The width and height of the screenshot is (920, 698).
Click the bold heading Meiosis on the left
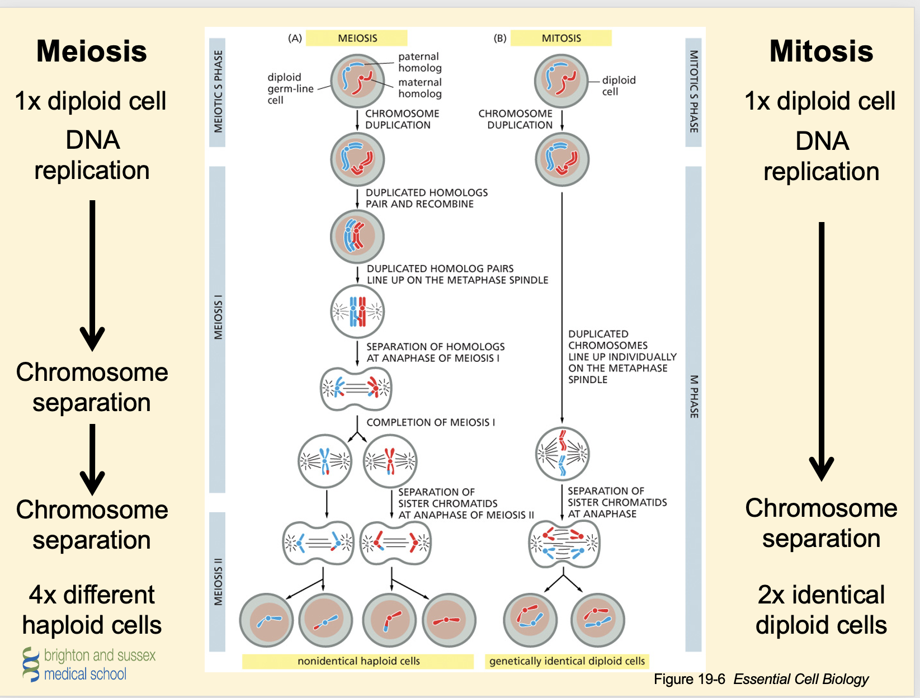tap(92, 51)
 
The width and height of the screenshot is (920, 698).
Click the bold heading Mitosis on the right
tap(821, 51)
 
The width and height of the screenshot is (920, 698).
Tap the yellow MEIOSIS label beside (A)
tap(357, 38)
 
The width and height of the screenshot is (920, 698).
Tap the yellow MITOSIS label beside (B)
tap(561, 38)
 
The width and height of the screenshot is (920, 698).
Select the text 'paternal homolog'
tap(419, 62)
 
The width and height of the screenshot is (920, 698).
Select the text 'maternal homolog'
tap(419, 88)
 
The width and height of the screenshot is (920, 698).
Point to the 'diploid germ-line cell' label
tap(289, 88)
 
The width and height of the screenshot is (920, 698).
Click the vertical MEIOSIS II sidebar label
tap(218, 582)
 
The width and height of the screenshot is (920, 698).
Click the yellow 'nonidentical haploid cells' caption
tap(358, 661)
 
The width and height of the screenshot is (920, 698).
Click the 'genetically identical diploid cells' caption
tap(567, 661)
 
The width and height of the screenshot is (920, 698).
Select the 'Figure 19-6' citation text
tap(689, 679)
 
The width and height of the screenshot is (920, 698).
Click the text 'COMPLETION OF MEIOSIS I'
tap(431, 422)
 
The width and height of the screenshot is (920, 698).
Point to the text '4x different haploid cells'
tap(92, 610)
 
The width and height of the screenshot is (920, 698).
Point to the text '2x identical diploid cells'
tap(821, 610)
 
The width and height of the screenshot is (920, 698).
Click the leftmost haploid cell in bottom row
tap(266, 620)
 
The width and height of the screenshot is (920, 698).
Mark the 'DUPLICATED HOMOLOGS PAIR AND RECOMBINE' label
tap(426, 198)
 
